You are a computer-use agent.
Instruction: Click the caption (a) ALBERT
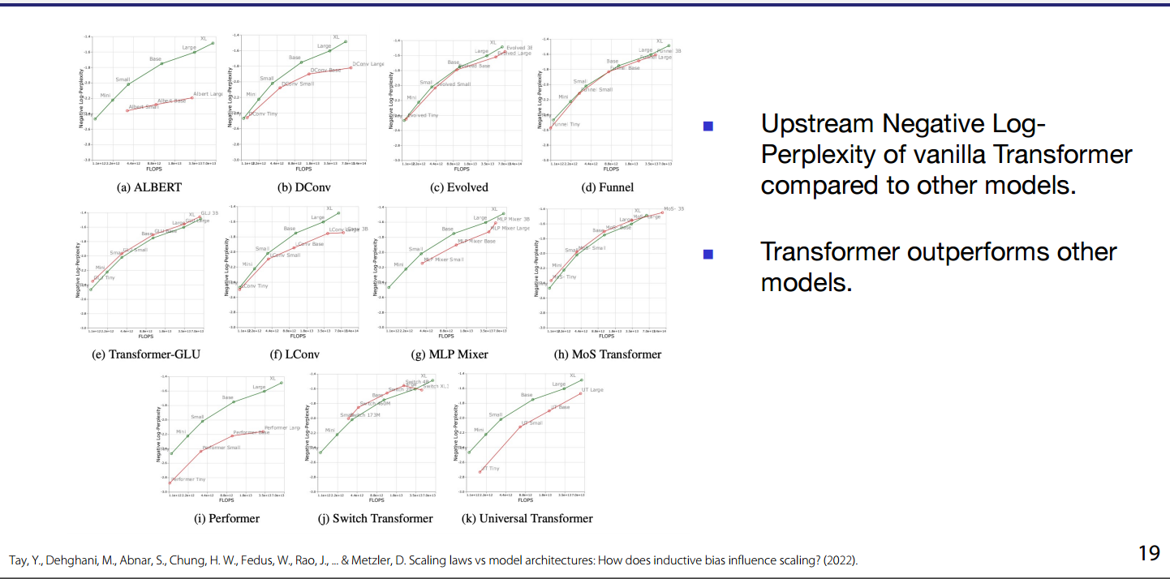(149, 187)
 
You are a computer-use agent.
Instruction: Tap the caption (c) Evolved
(459, 187)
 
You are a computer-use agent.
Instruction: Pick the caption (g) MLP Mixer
(450, 354)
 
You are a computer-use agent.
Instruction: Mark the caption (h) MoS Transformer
(607, 354)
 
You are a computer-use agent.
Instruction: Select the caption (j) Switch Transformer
(376, 518)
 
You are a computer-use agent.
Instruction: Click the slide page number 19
(1149, 554)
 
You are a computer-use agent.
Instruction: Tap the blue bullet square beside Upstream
(708, 126)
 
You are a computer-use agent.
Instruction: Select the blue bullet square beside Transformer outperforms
(708, 254)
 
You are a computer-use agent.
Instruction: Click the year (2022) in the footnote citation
(841, 560)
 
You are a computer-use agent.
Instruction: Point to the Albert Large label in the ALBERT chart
(209, 95)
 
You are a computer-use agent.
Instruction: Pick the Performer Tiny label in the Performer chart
(188, 480)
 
